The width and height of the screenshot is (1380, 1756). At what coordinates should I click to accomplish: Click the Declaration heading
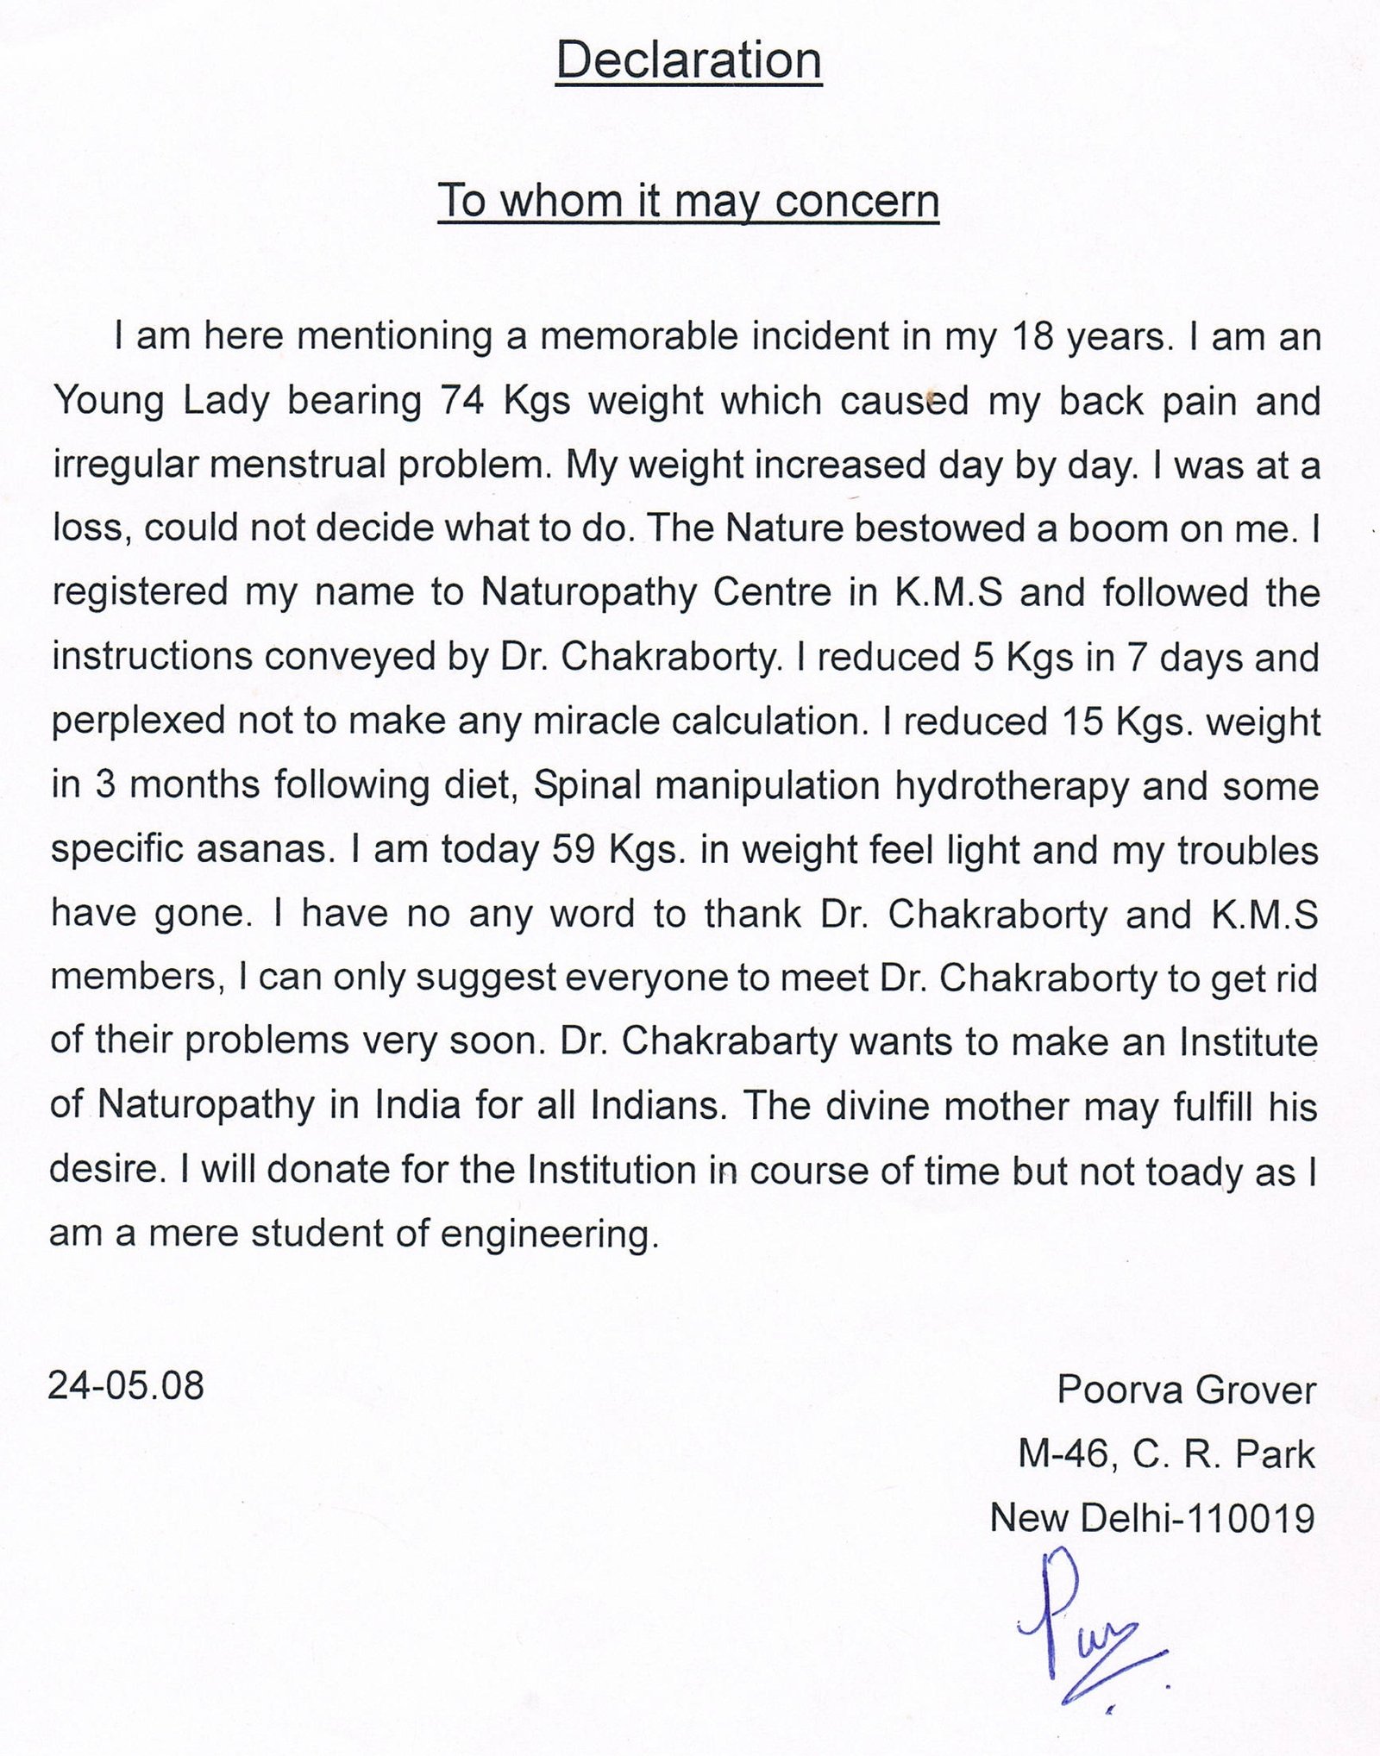click(x=689, y=61)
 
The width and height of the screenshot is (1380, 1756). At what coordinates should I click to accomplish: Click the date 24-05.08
click(x=126, y=1386)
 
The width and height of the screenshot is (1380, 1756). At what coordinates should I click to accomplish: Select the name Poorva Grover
click(x=1186, y=1390)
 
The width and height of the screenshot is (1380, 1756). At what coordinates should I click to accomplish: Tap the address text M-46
click(x=1059, y=1454)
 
